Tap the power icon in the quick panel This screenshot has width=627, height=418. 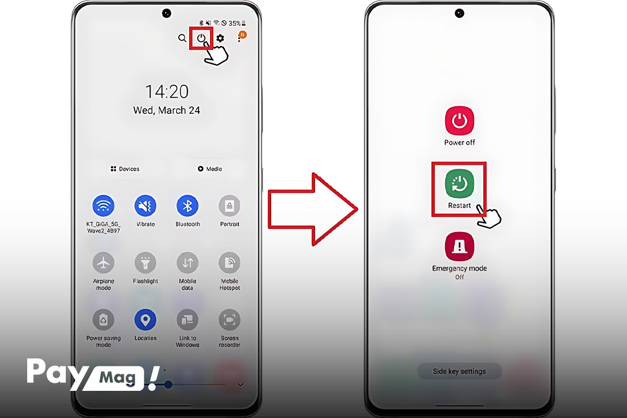[x=201, y=38]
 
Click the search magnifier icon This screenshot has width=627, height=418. [x=182, y=38]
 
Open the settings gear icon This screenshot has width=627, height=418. [x=220, y=38]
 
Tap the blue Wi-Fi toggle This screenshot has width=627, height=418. [x=103, y=206]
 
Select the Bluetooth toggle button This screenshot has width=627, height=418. [x=188, y=206]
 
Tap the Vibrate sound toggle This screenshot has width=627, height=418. [x=145, y=206]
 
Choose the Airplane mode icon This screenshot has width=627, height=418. [x=103, y=263]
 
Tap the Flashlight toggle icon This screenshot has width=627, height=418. [x=145, y=263]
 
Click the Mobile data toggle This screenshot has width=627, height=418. [x=188, y=263]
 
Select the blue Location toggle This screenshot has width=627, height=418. [x=145, y=320]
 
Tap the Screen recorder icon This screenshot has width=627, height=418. [x=229, y=320]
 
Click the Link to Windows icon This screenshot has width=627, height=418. [x=188, y=320]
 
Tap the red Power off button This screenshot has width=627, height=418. [x=459, y=121]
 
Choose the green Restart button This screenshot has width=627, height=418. [x=459, y=184]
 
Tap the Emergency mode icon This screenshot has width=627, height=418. [x=459, y=247]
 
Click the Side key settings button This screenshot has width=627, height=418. [x=459, y=371]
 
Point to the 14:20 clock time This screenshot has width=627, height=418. [x=167, y=91]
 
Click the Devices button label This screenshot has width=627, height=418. [x=125, y=169]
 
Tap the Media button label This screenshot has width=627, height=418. [x=210, y=169]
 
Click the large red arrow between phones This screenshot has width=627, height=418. [x=312, y=210]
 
